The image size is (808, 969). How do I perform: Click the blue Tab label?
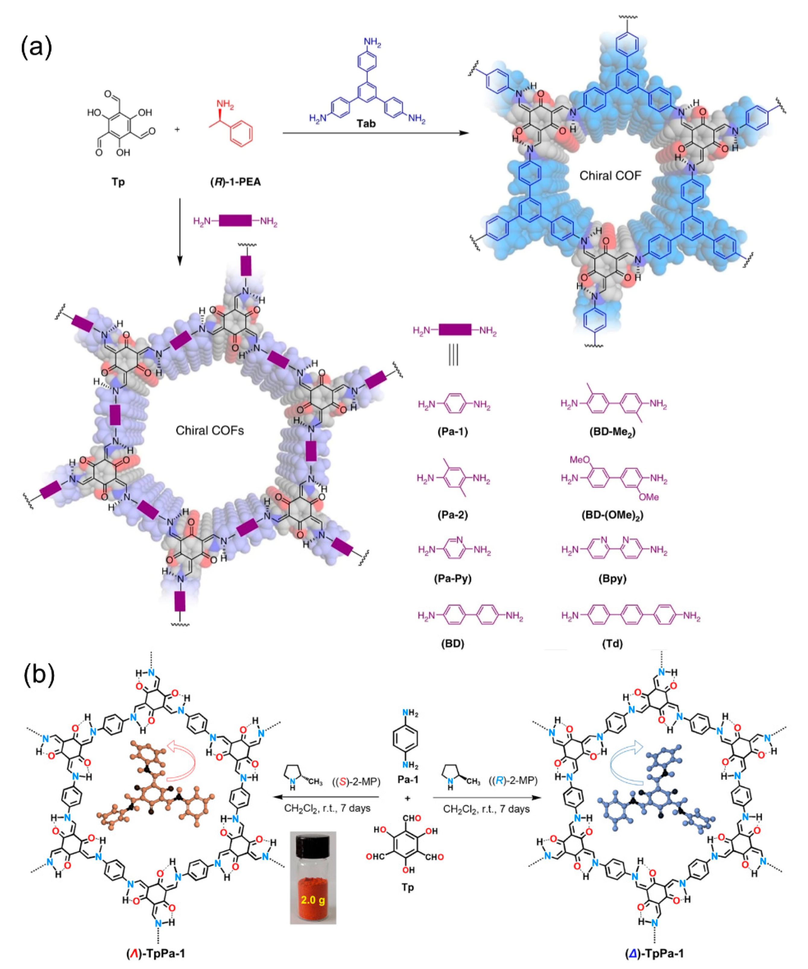(x=366, y=124)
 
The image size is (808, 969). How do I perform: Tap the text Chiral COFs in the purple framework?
(x=210, y=430)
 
